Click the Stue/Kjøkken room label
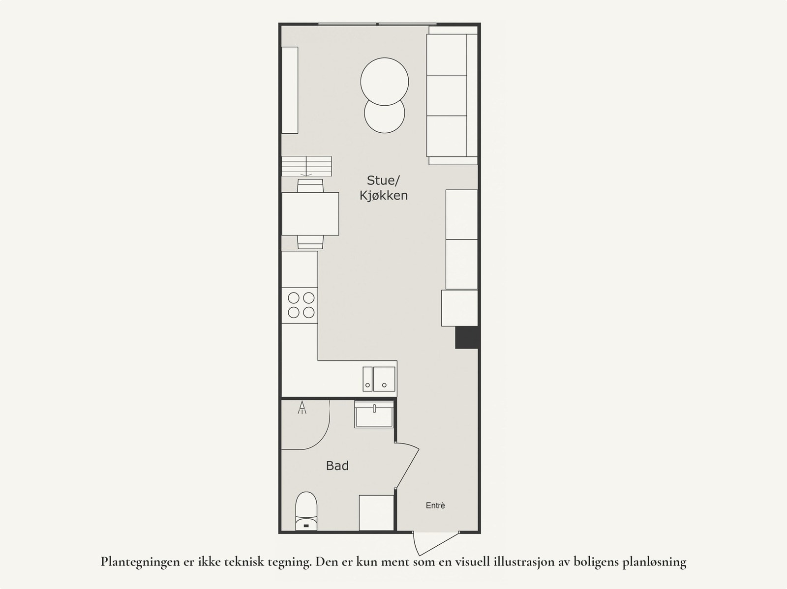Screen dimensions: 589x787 point(384,188)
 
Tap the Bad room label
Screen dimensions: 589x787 point(337,466)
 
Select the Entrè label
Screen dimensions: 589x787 point(435,505)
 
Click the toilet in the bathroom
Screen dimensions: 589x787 point(306,511)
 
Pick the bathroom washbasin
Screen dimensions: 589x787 point(374,414)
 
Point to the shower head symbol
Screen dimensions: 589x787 point(302,408)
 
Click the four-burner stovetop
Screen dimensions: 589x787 point(300,305)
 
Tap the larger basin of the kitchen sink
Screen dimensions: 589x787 point(384,379)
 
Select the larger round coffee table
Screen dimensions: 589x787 point(384,81)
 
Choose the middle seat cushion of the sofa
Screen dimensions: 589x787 point(447,95)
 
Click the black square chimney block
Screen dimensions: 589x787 point(467,338)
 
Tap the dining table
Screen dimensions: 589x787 point(310,213)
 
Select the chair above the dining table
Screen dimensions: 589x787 point(310,185)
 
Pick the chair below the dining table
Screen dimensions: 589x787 point(310,242)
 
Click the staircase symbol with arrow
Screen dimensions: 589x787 point(306,166)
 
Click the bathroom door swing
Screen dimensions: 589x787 point(407,465)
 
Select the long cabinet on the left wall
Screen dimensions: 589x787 point(290,90)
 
